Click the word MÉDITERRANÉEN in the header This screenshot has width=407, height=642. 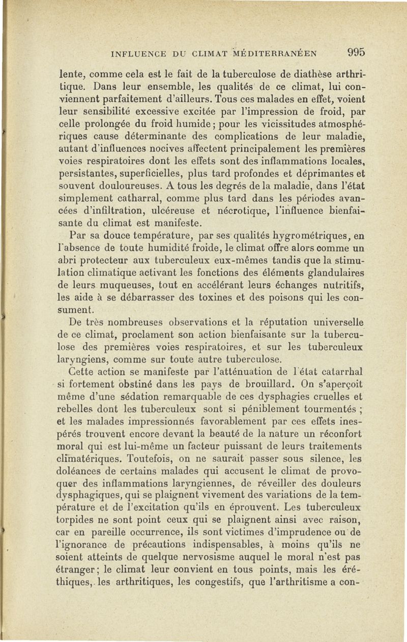[277, 52]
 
